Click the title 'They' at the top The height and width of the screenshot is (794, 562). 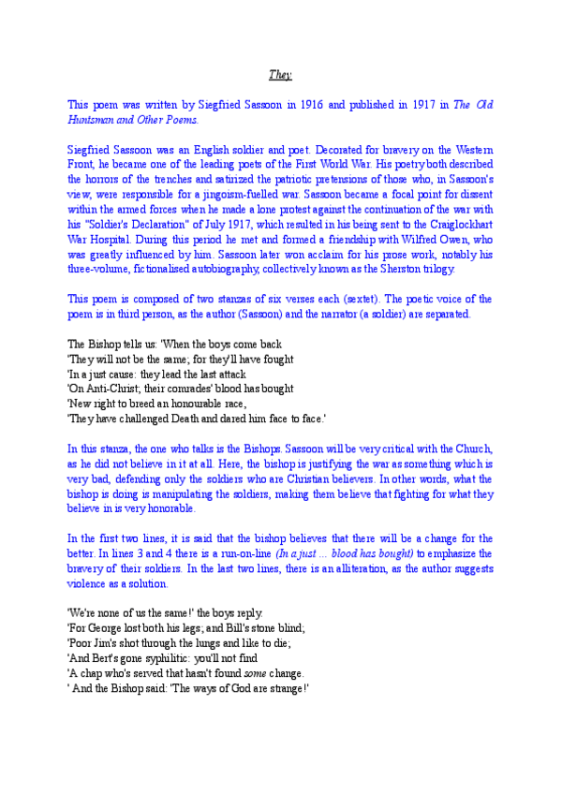click(280, 75)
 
